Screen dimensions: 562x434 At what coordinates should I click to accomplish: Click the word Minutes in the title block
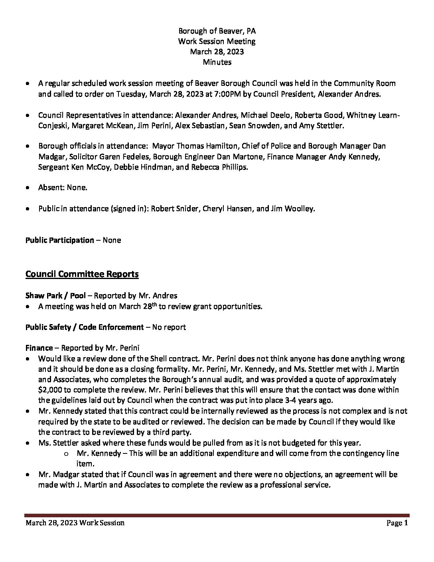(x=217, y=62)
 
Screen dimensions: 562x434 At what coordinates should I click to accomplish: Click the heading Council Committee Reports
(x=82, y=274)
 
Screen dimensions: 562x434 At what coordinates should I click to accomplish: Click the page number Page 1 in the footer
(x=397, y=523)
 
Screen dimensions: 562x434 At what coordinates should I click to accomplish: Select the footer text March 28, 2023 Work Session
(x=75, y=523)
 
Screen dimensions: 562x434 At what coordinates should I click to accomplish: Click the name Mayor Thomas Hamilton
(x=189, y=146)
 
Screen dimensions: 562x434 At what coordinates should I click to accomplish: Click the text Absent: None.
(x=63, y=188)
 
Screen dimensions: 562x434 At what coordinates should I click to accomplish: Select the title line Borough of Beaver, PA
(x=217, y=31)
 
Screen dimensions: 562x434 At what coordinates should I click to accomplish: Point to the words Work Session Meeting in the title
(x=217, y=42)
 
